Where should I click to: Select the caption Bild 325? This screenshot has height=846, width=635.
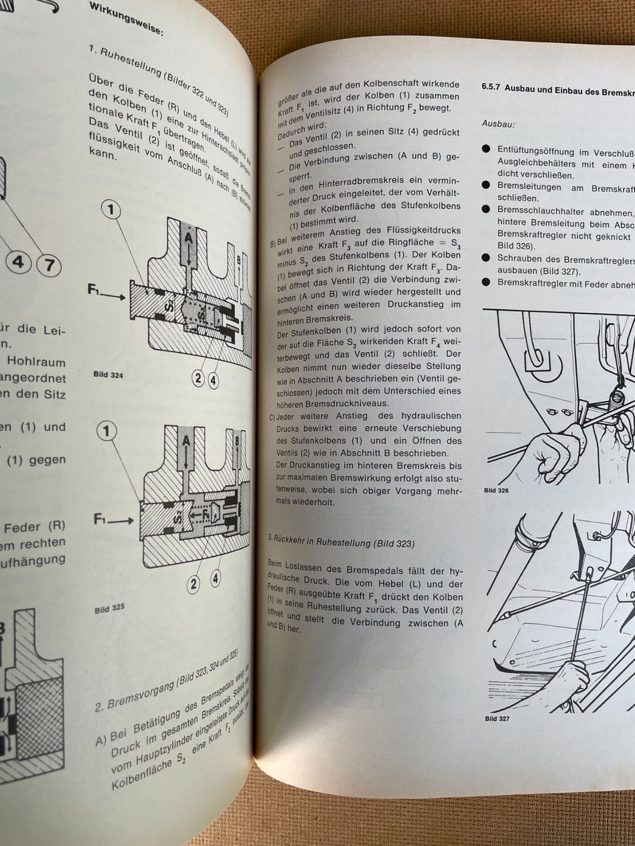point(109,608)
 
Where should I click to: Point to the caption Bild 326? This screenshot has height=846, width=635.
point(496,490)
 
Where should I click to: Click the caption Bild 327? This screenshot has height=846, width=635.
point(496,718)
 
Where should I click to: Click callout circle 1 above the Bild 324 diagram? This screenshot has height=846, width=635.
point(112,209)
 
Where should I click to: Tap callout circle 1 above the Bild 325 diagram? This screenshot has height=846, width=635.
point(107,431)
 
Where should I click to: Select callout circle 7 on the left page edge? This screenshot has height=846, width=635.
point(48,264)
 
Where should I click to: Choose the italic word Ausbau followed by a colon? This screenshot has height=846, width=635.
point(498,123)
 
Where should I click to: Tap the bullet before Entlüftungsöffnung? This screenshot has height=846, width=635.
point(486,149)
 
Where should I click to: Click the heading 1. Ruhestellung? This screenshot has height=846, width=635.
point(157,78)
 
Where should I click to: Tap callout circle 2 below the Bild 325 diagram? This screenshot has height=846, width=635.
point(194,585)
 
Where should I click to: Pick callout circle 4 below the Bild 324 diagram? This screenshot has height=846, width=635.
point(213,379)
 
